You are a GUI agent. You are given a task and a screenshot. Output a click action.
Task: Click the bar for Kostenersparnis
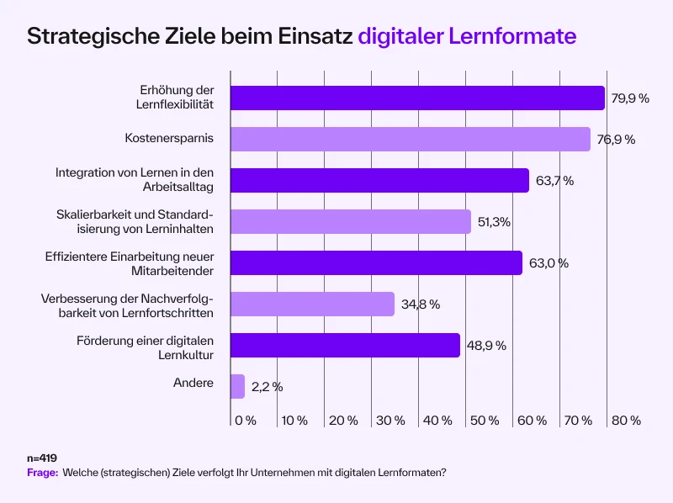point(411,140)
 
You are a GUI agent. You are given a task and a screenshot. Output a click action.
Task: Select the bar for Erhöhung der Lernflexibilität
point(417,98)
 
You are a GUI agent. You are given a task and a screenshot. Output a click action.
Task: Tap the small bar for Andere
point(237,387)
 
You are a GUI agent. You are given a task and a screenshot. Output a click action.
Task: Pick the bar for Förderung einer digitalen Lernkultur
point(345,346)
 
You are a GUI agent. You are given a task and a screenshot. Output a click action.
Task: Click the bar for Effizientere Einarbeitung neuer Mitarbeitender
point(376,263)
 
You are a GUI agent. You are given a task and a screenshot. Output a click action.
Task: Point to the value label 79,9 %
point(630,98)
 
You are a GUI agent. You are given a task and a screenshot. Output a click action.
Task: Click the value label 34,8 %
point(421,304)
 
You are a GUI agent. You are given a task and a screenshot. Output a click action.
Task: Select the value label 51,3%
point(495,222)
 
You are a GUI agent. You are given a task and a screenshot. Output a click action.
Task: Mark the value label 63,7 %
point(554,181)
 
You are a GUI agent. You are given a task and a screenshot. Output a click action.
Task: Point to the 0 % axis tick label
point(245,420)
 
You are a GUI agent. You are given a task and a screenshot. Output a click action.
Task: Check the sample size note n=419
point(41,458)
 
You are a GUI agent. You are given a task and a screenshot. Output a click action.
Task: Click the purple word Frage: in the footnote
point(43,473)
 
